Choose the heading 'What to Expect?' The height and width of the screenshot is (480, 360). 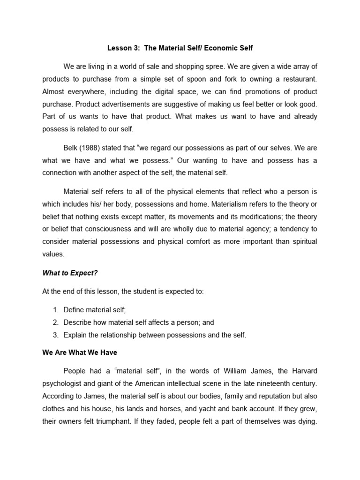[70, 272]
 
